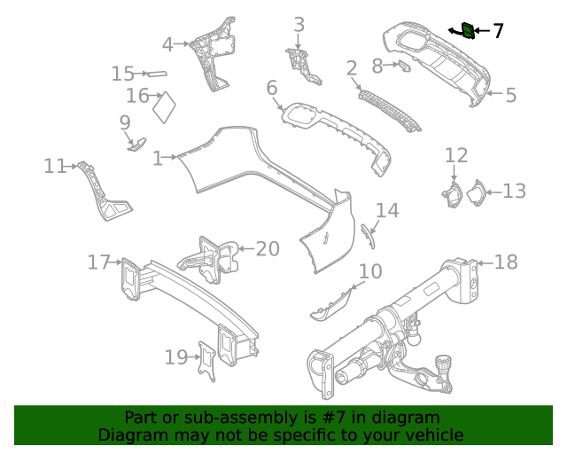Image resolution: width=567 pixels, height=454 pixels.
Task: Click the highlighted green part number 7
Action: (467, 31)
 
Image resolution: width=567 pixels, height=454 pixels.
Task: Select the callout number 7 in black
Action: (498, 31)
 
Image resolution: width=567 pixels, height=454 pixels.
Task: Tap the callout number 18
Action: (506, 262)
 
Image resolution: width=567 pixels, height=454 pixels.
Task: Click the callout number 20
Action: (267, 249)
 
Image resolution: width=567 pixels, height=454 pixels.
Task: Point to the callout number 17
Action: (98, 262)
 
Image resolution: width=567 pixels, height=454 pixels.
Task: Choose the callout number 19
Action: (175, 357)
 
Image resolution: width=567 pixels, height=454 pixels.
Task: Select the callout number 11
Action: (55, 166)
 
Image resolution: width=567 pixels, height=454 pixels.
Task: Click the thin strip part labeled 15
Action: (156, 74)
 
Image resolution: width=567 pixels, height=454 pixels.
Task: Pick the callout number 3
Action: (299, 25)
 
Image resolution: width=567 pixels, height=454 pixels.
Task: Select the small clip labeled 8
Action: (405, 66)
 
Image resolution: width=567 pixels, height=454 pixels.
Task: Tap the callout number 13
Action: (514, 191)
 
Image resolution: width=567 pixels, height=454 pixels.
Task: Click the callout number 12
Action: (455, 156)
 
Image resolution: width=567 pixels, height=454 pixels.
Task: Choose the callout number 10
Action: (370, 271)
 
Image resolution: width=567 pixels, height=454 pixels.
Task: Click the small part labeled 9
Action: (137, 142)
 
